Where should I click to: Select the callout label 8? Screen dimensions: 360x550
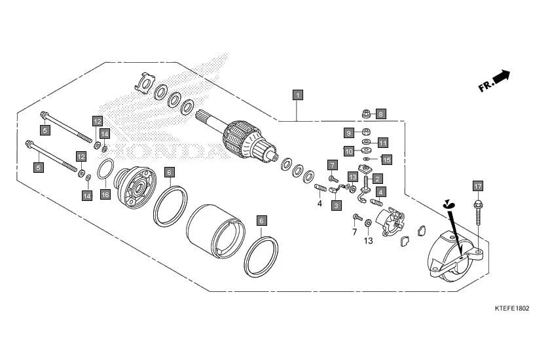381,114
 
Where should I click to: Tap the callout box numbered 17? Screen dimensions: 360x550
477,187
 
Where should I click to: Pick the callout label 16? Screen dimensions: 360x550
105,194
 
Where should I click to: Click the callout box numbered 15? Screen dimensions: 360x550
386,159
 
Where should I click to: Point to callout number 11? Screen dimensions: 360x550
383,142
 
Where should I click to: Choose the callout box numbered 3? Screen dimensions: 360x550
336,205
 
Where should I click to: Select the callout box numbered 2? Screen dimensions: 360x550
377,178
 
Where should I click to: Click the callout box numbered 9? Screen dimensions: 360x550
349,133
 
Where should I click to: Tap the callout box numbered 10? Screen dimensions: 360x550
349,151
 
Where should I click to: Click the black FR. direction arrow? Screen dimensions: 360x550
502,77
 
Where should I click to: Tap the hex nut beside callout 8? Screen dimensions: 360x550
367,115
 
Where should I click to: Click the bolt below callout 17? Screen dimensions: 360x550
478,216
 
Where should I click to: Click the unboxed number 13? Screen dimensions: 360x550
368,240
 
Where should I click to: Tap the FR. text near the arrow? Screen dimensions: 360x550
485,86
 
